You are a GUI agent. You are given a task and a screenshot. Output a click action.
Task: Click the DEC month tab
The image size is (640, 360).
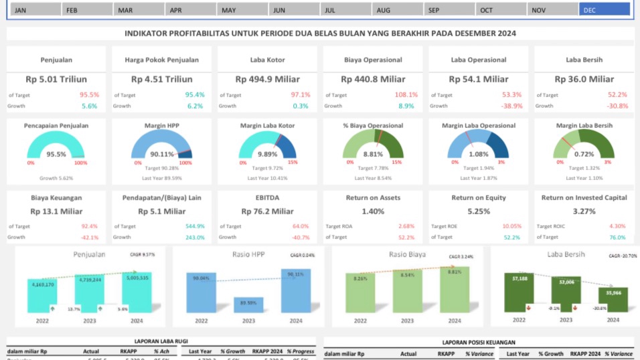(604, 10)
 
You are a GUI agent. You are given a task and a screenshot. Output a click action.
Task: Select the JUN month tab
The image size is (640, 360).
(294, 10)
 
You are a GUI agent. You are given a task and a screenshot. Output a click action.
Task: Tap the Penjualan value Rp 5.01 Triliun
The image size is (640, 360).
(56, 79)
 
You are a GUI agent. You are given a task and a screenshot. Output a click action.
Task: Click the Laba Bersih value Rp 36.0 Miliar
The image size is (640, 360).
(583, 79)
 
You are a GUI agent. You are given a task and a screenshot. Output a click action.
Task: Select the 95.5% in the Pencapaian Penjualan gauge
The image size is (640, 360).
(56, 155)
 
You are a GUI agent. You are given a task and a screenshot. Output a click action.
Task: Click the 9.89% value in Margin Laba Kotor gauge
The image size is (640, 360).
(267, 155)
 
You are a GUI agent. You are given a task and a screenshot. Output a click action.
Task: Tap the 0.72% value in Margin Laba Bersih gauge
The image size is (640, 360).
(583, 155)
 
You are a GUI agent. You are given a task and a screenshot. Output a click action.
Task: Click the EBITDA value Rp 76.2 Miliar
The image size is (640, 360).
(267, 211)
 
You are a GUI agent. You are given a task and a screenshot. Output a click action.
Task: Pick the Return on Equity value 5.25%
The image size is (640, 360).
(478, 211)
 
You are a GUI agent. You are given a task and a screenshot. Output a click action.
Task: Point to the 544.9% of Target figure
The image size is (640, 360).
(195, 226)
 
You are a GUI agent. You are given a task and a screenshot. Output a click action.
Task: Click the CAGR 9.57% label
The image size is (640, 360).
(142, 255)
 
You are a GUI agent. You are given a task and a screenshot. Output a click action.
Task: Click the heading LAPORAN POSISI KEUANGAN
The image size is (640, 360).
(478, 341)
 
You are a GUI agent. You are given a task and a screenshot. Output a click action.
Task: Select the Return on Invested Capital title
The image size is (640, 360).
(584, 197)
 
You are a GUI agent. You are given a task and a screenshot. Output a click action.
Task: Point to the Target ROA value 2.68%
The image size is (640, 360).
(406, 226)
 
